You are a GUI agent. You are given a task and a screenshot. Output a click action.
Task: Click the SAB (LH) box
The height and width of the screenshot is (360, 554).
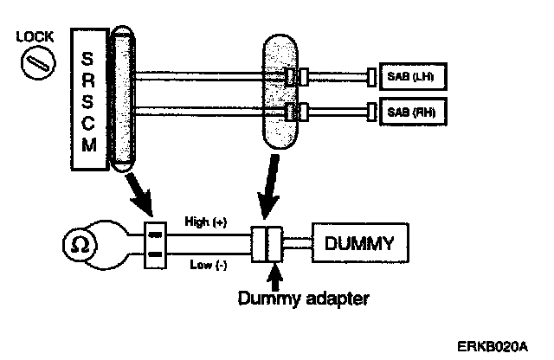point(407,78)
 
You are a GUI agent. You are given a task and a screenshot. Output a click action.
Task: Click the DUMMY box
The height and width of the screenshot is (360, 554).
point(358,244)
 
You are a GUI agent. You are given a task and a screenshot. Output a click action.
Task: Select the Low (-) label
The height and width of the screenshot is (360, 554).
point(204,266)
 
